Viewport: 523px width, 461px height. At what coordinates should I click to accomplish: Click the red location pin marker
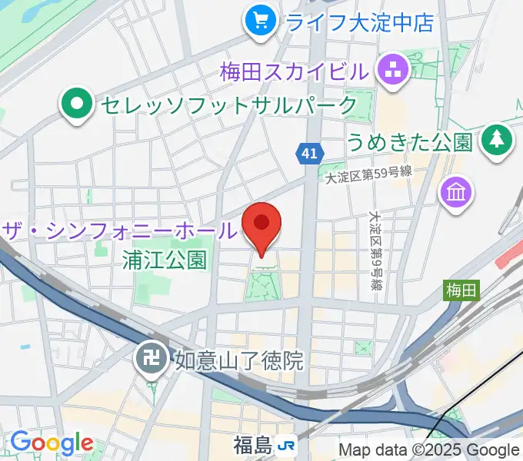[x=261, y=225]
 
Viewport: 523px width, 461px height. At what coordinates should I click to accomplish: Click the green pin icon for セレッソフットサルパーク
[x=78, y=105]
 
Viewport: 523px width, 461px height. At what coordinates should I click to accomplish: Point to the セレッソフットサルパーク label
[x=227, y=105]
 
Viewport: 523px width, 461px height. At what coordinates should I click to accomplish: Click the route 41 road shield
[x=308, y=154]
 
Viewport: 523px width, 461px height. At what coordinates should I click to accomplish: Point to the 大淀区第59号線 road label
[x=368, y=174]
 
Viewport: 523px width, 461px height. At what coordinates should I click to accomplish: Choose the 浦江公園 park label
[x=165, y=259]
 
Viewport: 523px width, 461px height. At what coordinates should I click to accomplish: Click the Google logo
[x=51, y=443]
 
